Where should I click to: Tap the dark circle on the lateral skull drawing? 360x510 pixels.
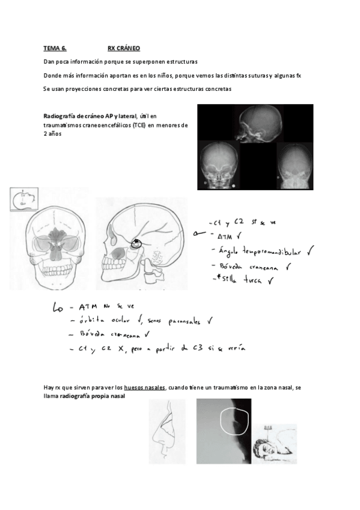pos(137,243)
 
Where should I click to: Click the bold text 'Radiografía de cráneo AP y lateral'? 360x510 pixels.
pos(90,115)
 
